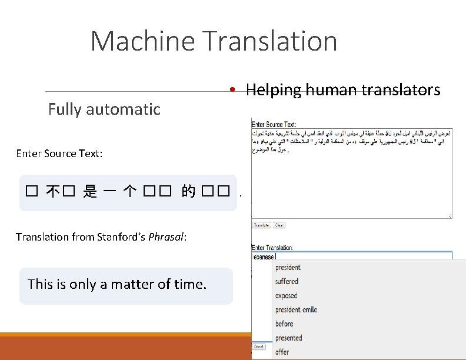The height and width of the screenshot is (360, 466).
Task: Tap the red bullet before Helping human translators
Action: coord(234,90)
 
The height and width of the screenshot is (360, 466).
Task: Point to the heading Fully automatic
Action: coord(104,109)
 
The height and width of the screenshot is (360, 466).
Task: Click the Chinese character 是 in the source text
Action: coord(90,192)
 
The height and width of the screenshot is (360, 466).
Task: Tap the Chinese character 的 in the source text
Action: coord(188,192)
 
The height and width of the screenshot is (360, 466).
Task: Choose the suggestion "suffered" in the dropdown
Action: coord(287,281)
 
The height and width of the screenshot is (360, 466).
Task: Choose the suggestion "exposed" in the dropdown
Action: coord(287,295)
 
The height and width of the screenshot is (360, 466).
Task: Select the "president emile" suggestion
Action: coord(296,309)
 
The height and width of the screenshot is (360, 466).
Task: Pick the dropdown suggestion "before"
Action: coord(284,324)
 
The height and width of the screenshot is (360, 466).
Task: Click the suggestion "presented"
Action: coord(288,338)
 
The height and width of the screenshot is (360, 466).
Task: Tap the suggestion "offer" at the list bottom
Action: coord(282,352)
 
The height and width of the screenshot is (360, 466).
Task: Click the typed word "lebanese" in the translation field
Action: coord(264,256)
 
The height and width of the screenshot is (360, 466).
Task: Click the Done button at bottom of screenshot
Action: coord(259,346)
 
